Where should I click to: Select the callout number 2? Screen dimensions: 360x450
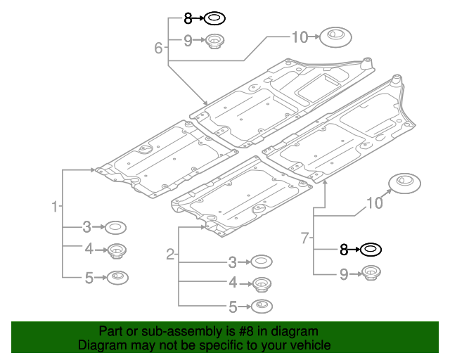pos(170,254)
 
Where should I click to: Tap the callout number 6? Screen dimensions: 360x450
pos(159,48)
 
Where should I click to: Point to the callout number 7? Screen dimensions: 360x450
pos(305,238)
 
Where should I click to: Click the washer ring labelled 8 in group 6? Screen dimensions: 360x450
pos(215,18)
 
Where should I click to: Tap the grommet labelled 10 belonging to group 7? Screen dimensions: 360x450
pos(404,182)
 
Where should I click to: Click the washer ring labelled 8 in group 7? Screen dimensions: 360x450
pos(371,249)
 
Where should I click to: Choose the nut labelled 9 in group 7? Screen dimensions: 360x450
pos(371,274)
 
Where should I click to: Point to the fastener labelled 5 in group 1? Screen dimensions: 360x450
pos(117,277)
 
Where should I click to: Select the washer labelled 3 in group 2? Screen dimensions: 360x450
pos(262,262)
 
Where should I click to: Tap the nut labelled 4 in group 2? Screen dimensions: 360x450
pos(262,284)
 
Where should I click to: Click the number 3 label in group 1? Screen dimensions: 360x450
pos(86,226)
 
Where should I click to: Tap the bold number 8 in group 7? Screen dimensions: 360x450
pos(344,249)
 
